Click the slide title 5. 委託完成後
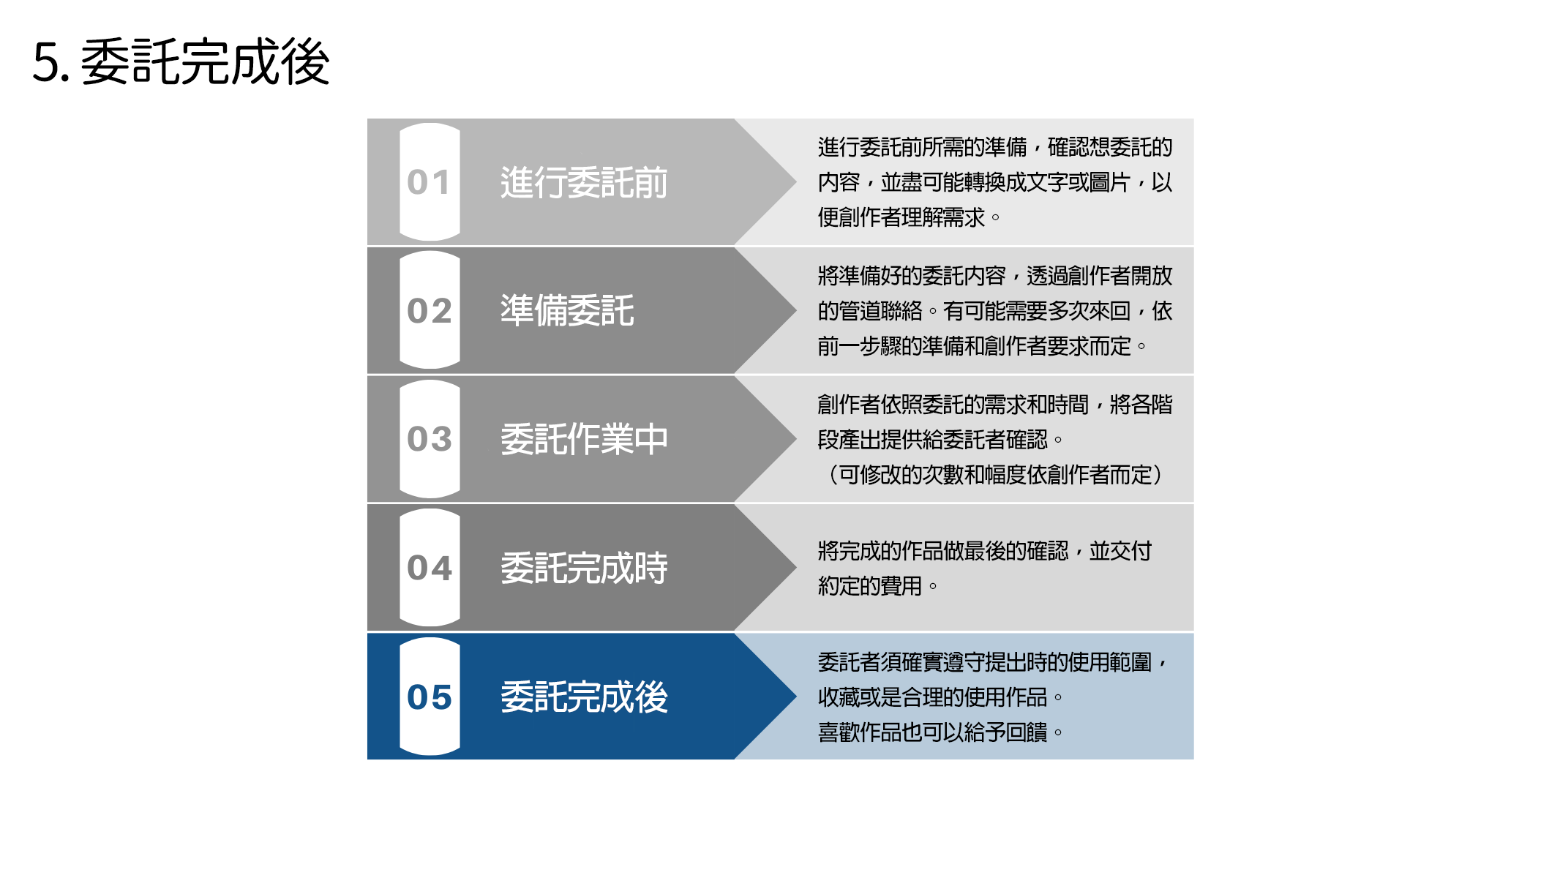pos(181,62)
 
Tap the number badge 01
pos(430,182)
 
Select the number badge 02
pos(430,310)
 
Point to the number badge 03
pos(430,439)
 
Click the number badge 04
pos(430,568)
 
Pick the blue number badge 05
pos(430,697)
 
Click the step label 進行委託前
pos(584,182)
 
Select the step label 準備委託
pos(567,310)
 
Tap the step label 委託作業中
pos(584,439)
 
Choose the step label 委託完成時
pos(584,568)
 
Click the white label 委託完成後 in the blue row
pos(584,697)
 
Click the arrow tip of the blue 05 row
pos(796,697)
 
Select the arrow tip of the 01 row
pos(796,182)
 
